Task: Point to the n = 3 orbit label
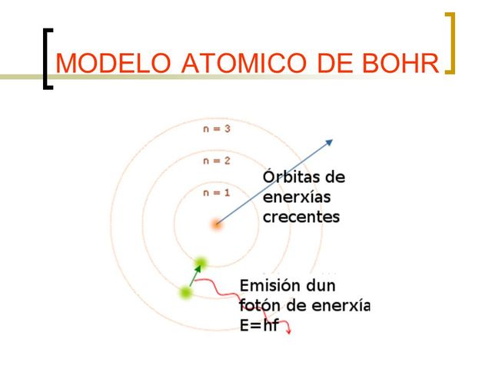point(217,129)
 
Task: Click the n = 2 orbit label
point(217,161)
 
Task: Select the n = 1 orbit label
point(217,193)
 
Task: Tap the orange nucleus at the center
point(217,224)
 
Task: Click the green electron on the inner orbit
point(201,262)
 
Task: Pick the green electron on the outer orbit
point(185,292)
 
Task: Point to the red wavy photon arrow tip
point(288,331)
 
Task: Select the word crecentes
point(301,217)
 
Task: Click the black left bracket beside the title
point(49,60)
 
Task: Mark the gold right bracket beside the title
point(450,44)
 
